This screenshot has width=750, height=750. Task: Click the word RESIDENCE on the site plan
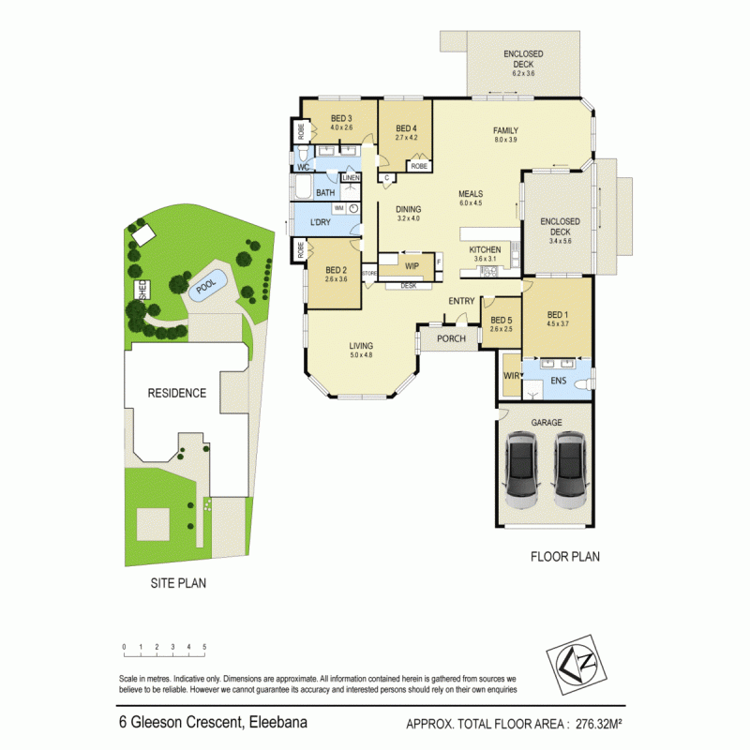[176, 393]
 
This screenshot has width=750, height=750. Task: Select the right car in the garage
[568, 470]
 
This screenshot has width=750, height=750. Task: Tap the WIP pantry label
[412, 252]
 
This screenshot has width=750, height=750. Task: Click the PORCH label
[451, 338]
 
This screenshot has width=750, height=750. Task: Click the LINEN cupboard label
[351, 178]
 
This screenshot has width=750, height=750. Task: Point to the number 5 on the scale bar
[204, 648]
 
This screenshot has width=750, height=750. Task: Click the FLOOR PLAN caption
[565, 556]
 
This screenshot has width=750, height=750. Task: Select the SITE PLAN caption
[178, 582]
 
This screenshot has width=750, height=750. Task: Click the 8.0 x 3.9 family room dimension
[505, 141]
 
